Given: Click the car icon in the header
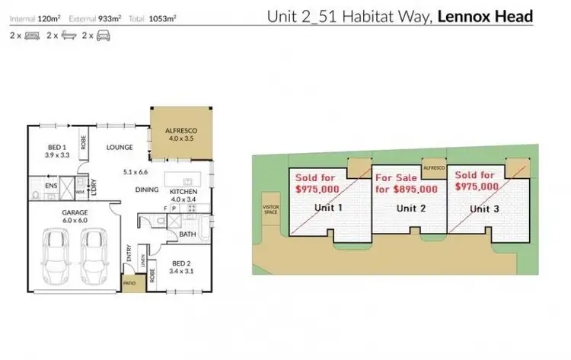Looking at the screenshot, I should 102,35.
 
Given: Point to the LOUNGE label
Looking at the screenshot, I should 120,147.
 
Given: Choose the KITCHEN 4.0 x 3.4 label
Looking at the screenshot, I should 183,196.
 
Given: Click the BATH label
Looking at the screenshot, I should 188,234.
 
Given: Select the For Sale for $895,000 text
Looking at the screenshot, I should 407,184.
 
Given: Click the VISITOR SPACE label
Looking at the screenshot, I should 270,209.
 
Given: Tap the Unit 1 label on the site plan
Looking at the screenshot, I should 328,207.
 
